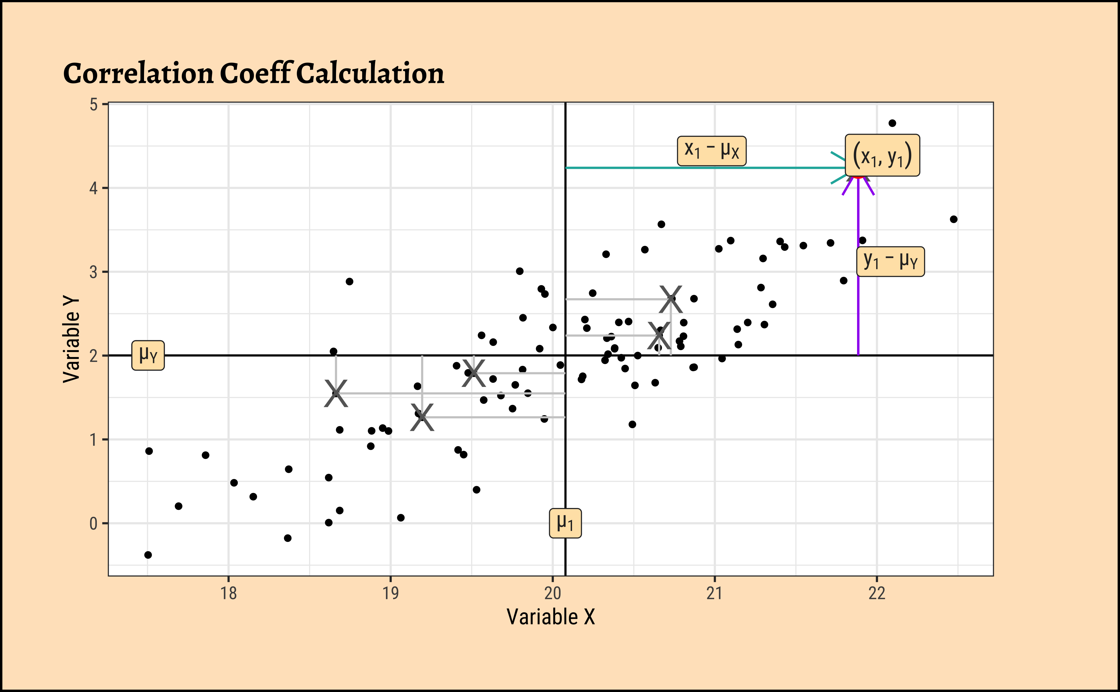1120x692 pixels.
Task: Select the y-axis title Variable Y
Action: point(71,339)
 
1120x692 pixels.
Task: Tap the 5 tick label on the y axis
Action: point(94,105)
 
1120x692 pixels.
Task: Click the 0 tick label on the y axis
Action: point(94,523)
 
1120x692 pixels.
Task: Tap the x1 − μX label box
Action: point(711,151)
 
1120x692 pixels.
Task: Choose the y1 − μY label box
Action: point(890,261)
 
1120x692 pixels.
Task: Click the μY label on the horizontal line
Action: point(148,355)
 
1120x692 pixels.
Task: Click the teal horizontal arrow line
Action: point(705,168)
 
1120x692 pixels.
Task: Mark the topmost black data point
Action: point(892,123)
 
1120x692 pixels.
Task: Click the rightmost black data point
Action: point(953,219)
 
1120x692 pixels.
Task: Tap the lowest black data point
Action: point(148,555)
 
